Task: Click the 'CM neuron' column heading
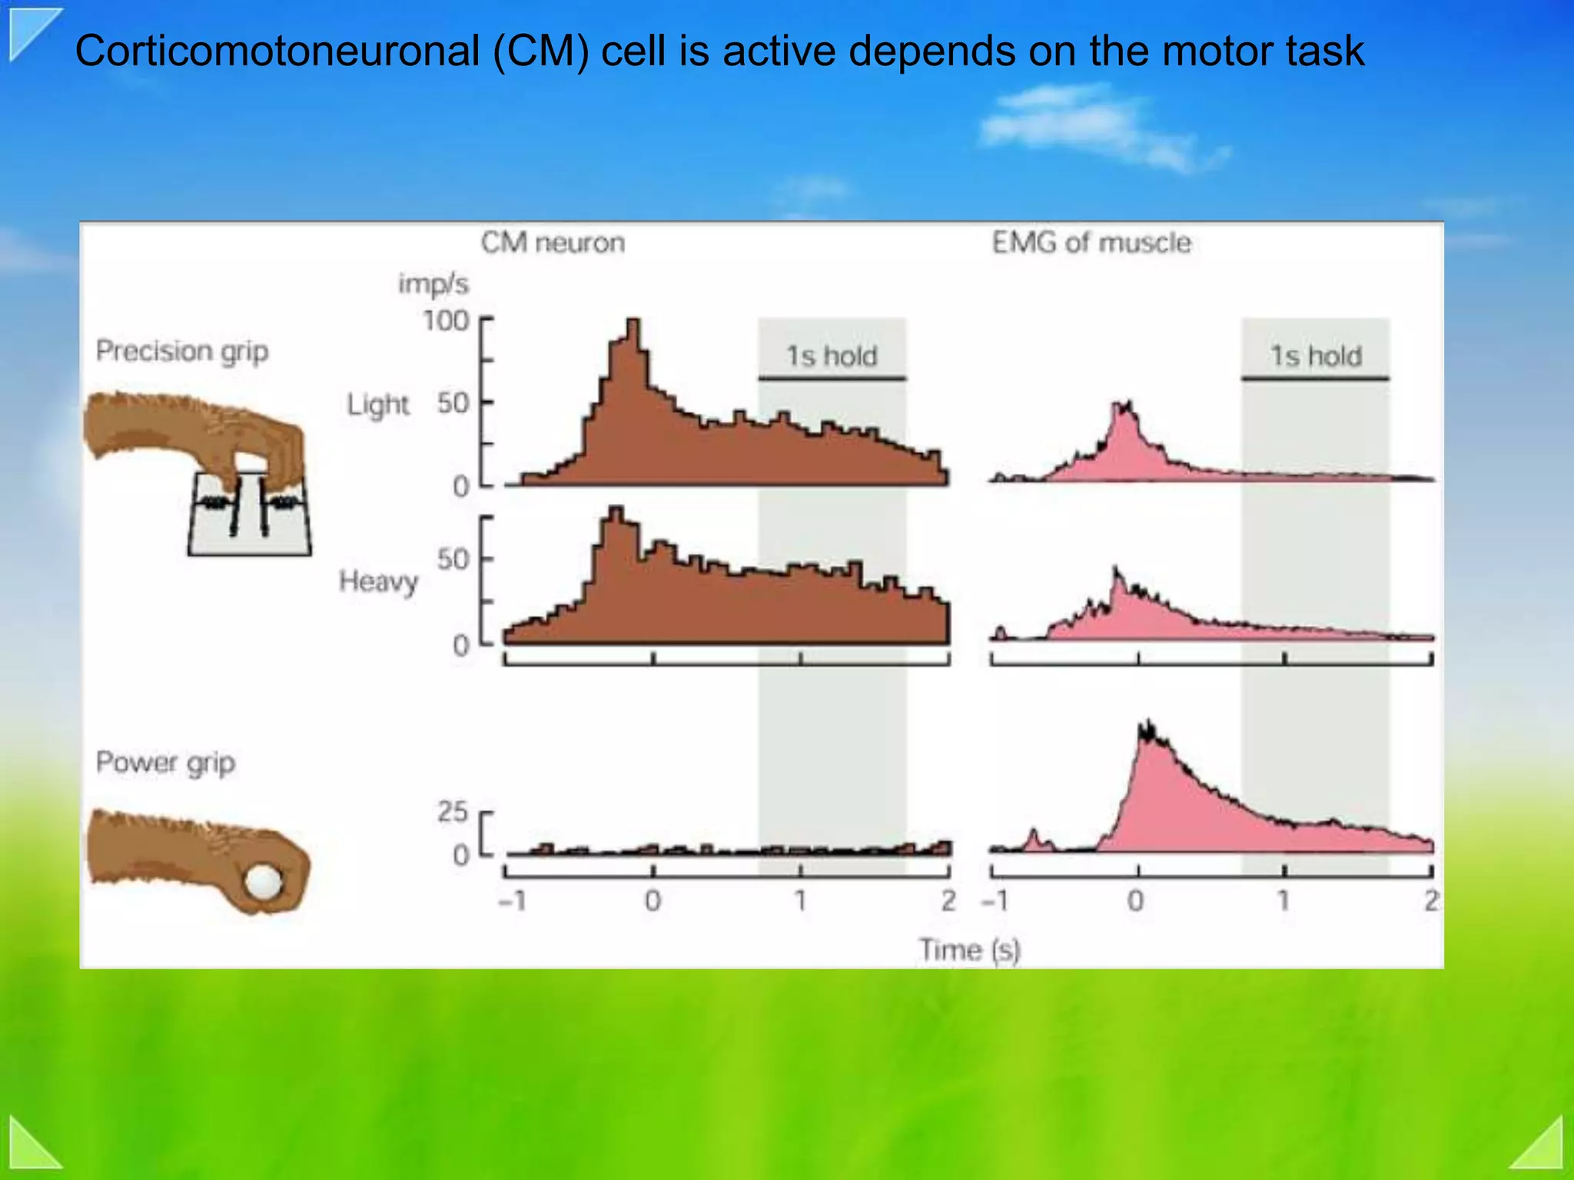[x=553, y=243]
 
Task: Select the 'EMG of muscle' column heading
[x=1091, y=243]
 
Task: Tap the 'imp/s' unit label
[x=433, y=283]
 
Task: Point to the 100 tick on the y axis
[x=446, y=320]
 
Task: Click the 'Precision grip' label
[x=182, y=351]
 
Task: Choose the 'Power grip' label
[x=165, y=763]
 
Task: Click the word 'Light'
[x=378, y=404]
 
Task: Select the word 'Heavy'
[x=378, y=581]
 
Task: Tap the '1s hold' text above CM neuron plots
[x=831, y=356]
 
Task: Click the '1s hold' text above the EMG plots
[x=1315, y=356]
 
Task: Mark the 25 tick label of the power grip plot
[x=452, y=811]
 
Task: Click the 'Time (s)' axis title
[x=969, y=950]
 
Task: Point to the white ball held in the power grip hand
[x=263, y=881]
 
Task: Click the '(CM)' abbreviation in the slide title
[x=540, y=51]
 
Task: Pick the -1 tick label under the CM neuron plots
[x=512, y=900]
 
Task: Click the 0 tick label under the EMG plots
[x=1135, y=900]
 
